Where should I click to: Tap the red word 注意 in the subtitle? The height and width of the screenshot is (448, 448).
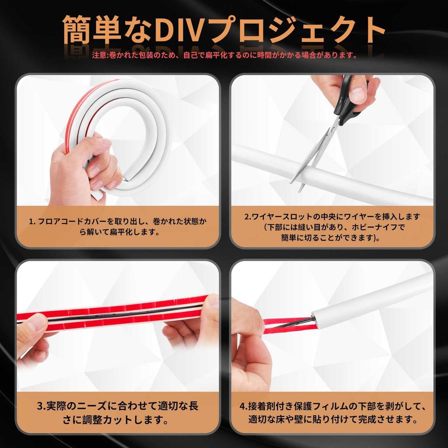(98, 56)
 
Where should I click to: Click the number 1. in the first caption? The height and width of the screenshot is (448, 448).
(32, 222)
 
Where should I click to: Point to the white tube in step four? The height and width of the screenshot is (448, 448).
(372, 297)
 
